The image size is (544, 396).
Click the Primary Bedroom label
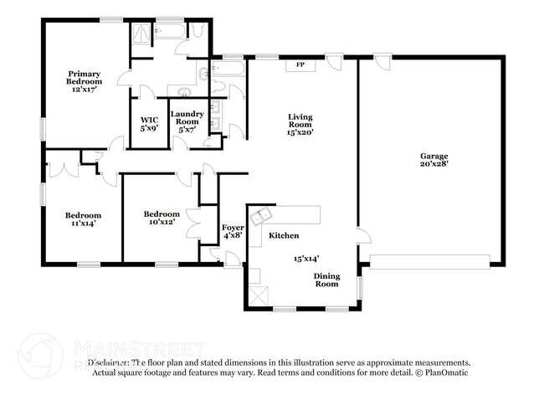click(x=85, y=82)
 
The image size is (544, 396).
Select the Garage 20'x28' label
click(x=434, y=160)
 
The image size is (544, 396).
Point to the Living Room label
click(x=300, y=124)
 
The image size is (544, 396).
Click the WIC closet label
click(x=149, y=124)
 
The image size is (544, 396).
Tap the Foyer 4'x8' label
click(x=233, y=232)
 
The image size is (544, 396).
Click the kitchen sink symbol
click(x=264, y=215)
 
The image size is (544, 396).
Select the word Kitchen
click(x=284, y=236)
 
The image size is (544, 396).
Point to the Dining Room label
click(x=326, y=280)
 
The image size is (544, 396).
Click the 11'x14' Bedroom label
click(x=84, y=219)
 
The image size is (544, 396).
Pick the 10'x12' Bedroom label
click(x=161, y=218)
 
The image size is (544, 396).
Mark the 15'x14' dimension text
click(x=306, y=259)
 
